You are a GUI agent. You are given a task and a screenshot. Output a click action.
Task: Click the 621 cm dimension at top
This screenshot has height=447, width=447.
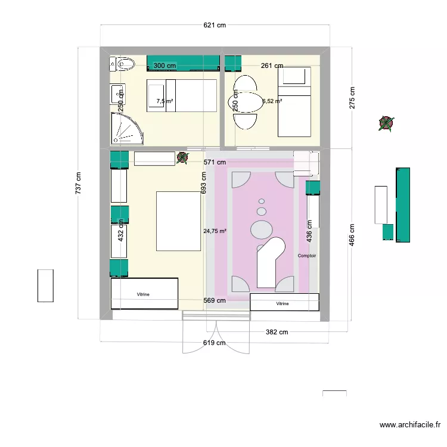(214, 25)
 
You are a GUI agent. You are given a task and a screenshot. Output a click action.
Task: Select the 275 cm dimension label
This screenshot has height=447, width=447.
(352, 98)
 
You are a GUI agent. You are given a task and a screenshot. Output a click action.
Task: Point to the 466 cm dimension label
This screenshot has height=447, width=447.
(352, 235)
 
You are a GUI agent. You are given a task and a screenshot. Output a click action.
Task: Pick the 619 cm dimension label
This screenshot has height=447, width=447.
(214, 343)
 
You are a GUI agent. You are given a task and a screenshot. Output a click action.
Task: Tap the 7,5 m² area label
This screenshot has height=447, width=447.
(164, 101)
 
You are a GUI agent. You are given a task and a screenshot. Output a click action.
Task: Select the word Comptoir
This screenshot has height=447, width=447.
(307, 256)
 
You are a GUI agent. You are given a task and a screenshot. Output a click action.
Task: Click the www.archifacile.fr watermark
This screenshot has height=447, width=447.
(410, 425)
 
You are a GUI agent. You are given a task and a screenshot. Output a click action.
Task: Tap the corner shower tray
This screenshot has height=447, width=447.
(126, 129)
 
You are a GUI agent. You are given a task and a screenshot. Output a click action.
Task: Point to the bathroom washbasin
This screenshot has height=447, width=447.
(117, 93)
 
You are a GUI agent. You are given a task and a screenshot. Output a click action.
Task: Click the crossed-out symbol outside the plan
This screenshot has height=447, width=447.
(386, 124)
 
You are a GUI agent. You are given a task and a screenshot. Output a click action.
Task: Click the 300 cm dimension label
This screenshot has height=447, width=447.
(164, 66)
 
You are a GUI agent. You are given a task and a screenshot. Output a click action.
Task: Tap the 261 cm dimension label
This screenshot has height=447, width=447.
(271, 66)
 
